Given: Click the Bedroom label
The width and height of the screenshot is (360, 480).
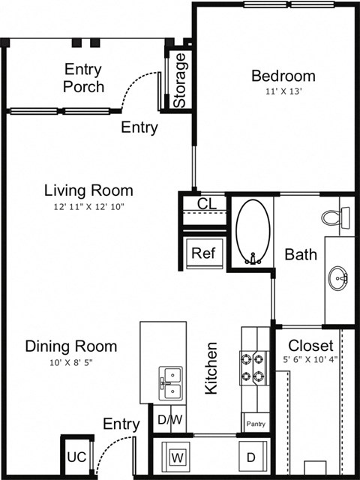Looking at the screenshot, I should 283,76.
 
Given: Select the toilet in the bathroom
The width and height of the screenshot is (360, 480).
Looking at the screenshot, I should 334,217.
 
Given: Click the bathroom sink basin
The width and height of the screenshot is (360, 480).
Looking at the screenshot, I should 339,278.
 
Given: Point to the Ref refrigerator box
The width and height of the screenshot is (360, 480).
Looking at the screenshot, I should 202,253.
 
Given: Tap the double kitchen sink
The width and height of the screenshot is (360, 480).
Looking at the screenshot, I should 170,382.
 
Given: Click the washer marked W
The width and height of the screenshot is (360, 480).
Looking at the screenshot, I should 178,456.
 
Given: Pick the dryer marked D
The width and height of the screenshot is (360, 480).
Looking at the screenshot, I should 251,456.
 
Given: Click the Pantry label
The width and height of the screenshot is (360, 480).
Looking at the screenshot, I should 254,424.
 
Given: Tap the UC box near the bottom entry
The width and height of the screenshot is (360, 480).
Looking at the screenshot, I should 76,457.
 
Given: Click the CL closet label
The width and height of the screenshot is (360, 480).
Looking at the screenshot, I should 207,203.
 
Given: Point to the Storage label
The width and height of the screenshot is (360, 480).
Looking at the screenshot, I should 180,79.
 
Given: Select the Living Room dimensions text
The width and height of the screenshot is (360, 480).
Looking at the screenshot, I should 88,206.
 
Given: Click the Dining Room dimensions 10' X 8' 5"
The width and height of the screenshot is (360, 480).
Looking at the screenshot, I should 70,362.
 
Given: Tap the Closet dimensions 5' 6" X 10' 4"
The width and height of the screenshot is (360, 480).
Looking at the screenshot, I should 310,359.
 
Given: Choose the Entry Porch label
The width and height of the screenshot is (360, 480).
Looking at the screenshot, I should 83,78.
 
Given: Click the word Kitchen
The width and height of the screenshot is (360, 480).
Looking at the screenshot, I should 212,368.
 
